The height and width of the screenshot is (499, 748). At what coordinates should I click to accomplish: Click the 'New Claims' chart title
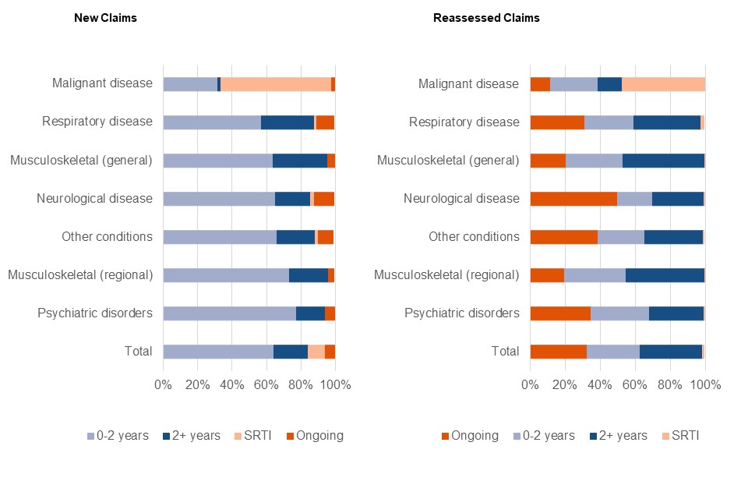[x=105, y=18]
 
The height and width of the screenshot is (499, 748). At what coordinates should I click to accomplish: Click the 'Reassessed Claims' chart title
[x=486, y=18]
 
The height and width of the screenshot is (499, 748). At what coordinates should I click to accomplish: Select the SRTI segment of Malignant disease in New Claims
[x=276, y=84]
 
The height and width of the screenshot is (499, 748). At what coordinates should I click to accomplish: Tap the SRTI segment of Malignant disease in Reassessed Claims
[x=663, y=84]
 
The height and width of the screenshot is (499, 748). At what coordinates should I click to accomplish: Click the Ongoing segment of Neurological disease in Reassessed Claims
[x=573, y=199]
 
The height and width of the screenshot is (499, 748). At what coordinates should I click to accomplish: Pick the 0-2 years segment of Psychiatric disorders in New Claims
[x=229, y=313]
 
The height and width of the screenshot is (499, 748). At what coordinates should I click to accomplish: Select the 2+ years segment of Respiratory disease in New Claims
[x=288, y=122]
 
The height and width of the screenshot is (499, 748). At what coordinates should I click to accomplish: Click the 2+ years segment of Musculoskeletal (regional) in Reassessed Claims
[x=665, y=275]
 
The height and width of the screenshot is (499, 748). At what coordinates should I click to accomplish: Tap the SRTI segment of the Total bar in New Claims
[x=316, y=352]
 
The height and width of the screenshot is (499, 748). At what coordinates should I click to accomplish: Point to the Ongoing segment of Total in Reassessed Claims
[x=558, y=352]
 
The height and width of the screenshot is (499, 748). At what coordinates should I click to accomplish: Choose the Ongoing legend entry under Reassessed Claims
[x=470, y=436]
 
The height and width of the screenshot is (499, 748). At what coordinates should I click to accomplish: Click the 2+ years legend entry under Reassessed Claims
[x=614, y=436]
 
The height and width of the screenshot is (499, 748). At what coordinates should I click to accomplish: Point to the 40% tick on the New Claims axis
[x=231, y=385]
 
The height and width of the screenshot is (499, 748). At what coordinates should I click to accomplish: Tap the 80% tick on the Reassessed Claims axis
[x=670, y=385]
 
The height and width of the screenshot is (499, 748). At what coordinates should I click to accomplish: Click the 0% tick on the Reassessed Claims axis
[x=530, y=385]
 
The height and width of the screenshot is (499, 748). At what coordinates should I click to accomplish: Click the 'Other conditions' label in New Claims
[x=107, y=237]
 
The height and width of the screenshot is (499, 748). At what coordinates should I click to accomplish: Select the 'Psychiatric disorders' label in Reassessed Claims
[x=462, y=313]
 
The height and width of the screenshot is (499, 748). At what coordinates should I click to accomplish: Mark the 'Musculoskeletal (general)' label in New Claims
[x=81, y=161]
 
